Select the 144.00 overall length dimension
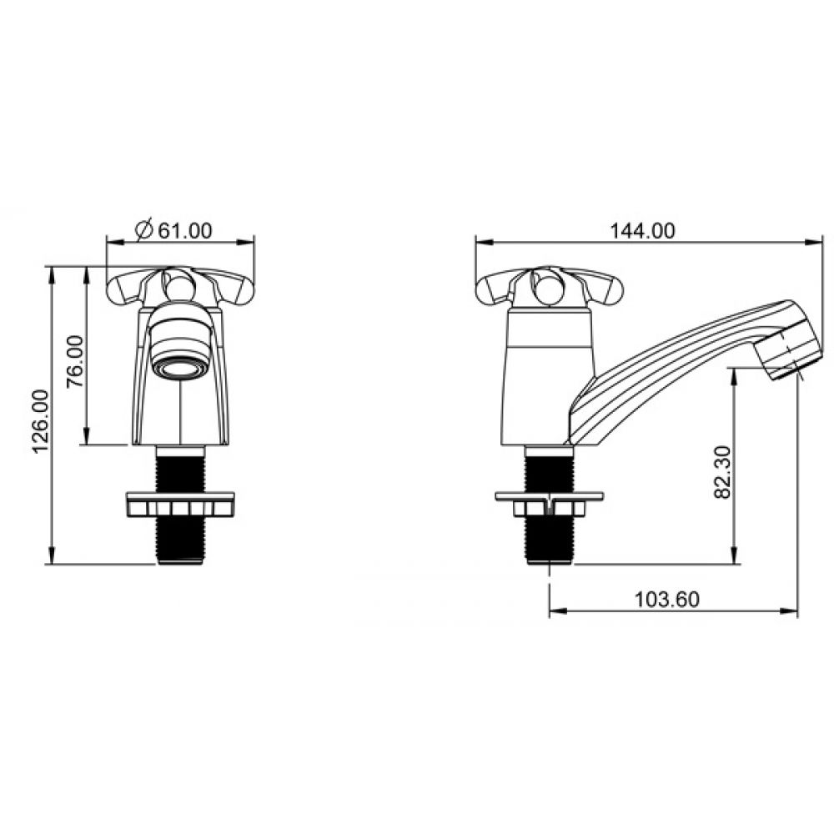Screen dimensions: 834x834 pos(642,231)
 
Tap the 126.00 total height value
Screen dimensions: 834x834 pos(42,421)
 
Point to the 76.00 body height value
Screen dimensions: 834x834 pos(76,361)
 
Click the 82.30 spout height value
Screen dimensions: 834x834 pos(722,472)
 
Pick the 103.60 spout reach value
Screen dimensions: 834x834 pos(667,600)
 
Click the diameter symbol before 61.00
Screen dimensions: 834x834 pos(144,230)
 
